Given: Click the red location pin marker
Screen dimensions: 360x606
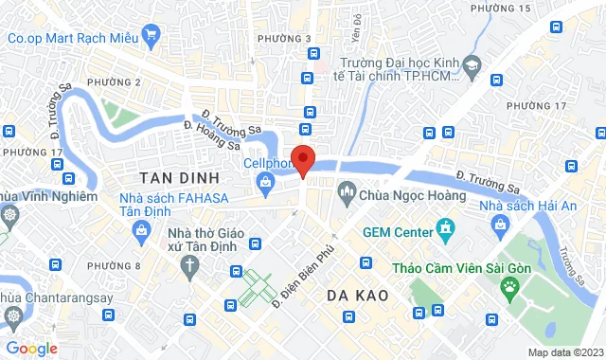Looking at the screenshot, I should pos(302,160).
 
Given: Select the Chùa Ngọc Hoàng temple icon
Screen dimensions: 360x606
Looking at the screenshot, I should pos(346,195).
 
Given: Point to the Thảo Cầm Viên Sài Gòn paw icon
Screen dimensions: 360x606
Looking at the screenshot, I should pos(510,283).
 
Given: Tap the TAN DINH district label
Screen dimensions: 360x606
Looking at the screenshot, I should pos(179,177).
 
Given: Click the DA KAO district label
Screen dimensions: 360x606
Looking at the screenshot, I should pos(359,295).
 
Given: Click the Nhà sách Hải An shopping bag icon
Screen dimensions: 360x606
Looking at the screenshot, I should pos(498,225).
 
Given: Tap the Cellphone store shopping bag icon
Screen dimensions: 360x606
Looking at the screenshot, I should pos(268,179).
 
